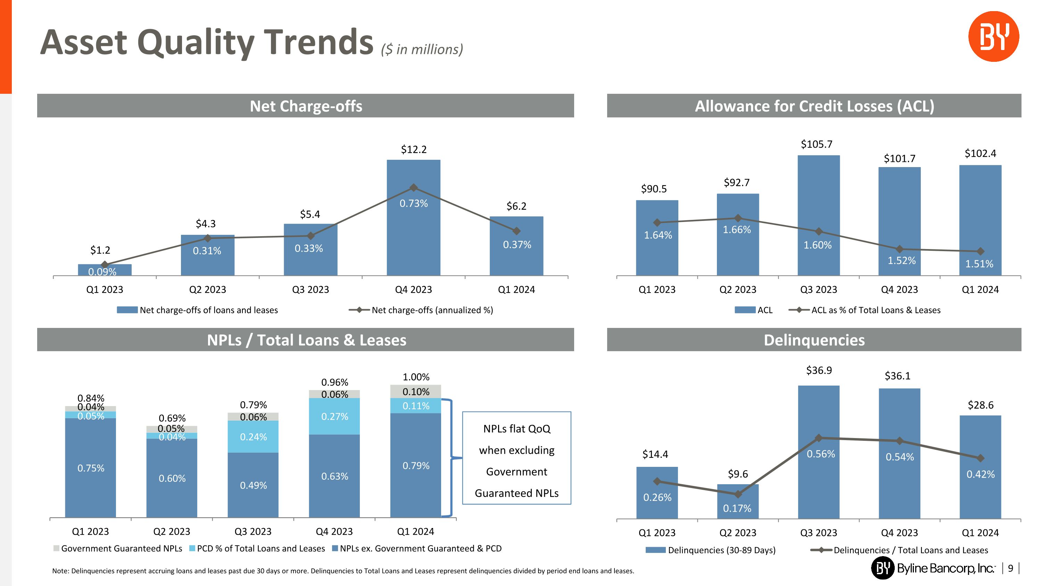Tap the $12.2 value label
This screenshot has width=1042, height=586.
pos(413,150)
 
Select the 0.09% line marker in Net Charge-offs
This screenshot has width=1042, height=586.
pos(104,264)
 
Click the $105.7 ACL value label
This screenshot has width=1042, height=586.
pos(816,145)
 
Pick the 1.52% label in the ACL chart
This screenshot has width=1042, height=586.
pos(901,261)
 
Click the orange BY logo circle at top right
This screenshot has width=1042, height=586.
pos(993,36)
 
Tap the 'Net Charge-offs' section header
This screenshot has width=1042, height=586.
pos(305,106)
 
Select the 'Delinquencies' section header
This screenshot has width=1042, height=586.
pos(814,340)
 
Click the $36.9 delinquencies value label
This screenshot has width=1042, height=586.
pos(819,370)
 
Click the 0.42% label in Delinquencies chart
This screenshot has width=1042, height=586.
pos(980,474)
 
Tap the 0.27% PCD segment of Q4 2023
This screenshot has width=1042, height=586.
pos(334,416)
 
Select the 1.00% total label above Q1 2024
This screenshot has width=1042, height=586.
pos(416,377)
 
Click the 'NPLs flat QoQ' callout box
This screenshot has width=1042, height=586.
pos(516,458)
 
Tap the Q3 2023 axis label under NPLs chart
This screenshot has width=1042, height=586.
pos(253,531)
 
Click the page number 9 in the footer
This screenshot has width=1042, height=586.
pos(1010,569)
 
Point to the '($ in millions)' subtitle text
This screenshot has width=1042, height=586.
pos(422,49)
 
